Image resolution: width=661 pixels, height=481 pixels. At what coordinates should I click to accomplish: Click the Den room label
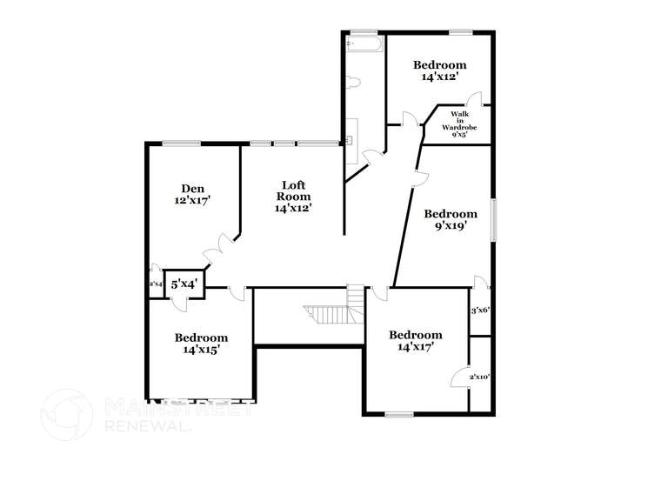[192, 188]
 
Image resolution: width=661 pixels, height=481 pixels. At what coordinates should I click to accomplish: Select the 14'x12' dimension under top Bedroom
[439, 77]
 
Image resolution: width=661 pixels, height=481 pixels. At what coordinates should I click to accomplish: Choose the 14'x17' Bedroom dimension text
[415, 346]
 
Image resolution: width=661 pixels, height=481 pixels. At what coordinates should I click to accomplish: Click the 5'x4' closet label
[184, 284]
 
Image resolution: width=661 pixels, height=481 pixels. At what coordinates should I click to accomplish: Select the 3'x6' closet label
[480, 310]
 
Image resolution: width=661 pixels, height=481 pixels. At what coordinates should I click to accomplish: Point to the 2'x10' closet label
[480, 377]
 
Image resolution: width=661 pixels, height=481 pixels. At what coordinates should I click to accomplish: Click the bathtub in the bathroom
[363, 43]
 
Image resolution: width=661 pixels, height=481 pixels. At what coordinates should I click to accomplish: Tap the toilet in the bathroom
[352, 83]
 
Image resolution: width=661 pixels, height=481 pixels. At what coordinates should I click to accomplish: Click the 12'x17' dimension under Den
[192, 200]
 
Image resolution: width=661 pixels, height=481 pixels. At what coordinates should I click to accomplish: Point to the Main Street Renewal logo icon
[66, 414]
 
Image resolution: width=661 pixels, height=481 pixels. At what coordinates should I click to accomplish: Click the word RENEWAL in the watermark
[144, 425]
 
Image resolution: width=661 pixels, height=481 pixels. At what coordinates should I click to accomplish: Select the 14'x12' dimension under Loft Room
[293, 208]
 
